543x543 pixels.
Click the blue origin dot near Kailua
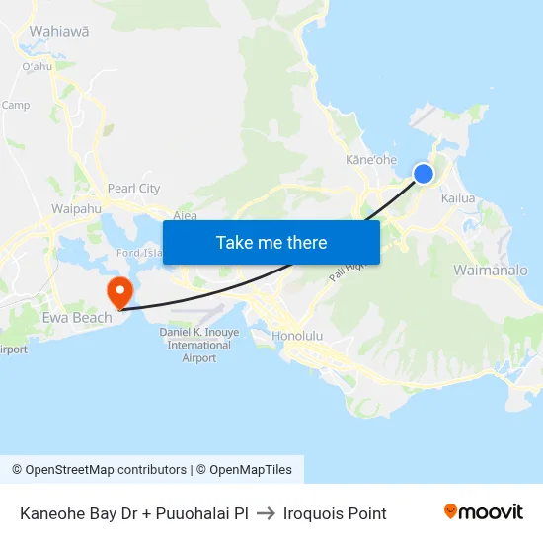[423, 174]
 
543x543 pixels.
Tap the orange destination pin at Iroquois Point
[118, 291]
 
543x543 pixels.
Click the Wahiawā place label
[59, 31]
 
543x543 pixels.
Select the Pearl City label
[133, 188]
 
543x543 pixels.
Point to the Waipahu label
[76, 209]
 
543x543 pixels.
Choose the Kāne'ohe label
[371, 159]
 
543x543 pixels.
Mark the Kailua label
[458, 198]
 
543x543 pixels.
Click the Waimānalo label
[490, 270]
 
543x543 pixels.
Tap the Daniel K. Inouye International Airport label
[199, 345]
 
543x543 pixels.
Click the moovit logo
[484, 512]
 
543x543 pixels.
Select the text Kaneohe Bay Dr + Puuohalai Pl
[133, 513]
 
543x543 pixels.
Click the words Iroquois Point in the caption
[335, 513]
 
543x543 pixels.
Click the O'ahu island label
[38, 67]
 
